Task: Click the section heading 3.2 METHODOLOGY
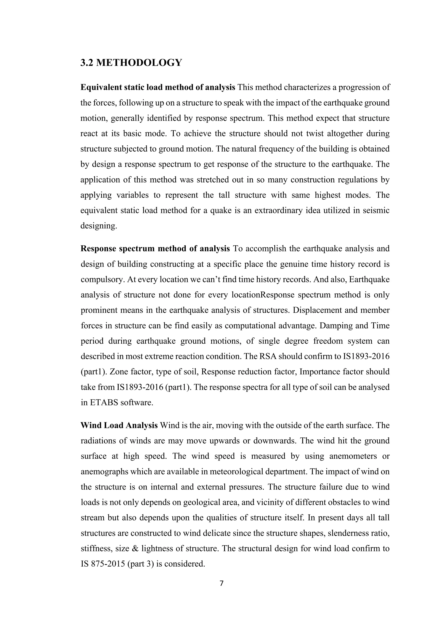pyautogui.click(x=131, y=63)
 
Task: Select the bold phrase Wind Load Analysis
pyautogui.click(x=119, y=425)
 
